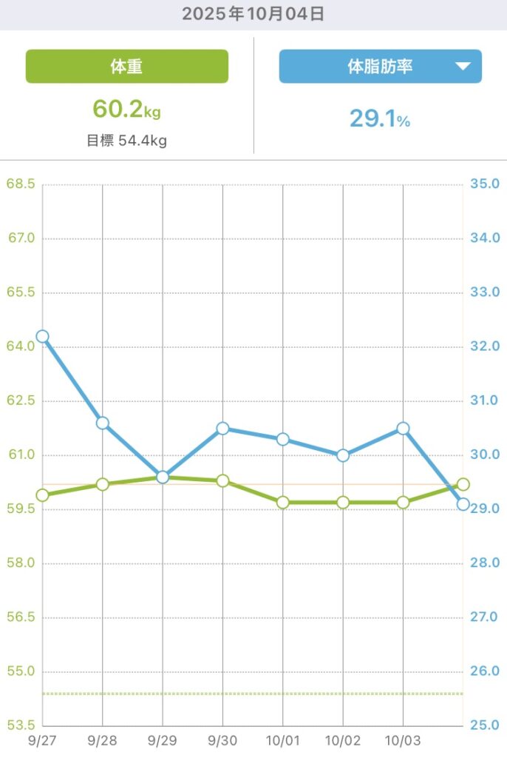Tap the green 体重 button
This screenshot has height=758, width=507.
pos(126,67)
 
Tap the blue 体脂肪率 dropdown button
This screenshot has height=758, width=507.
pos(380,67)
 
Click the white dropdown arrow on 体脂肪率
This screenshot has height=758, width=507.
pos(463,67)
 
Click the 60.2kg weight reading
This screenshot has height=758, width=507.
pos(126,110)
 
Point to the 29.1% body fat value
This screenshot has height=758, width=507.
pos(379,118)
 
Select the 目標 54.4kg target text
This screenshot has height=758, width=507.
pos(126,140)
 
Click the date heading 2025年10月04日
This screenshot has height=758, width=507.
pos(253,14)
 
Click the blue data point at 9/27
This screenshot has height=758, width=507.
pos(42,336)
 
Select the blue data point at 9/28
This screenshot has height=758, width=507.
pos(103,423)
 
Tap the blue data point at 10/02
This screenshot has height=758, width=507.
pos(343,455)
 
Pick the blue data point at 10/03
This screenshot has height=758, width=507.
pos(403,429)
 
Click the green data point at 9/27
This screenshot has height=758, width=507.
pos(42,495)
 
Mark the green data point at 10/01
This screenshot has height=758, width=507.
pos(282,503)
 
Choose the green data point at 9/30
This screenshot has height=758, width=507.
pos(222,481)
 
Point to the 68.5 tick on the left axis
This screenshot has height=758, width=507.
pos(20,184)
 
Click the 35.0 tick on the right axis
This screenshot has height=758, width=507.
pos(485,184)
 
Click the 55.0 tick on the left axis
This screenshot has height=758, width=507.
pos(20,671)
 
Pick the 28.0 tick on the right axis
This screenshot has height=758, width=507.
pos(485,563)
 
